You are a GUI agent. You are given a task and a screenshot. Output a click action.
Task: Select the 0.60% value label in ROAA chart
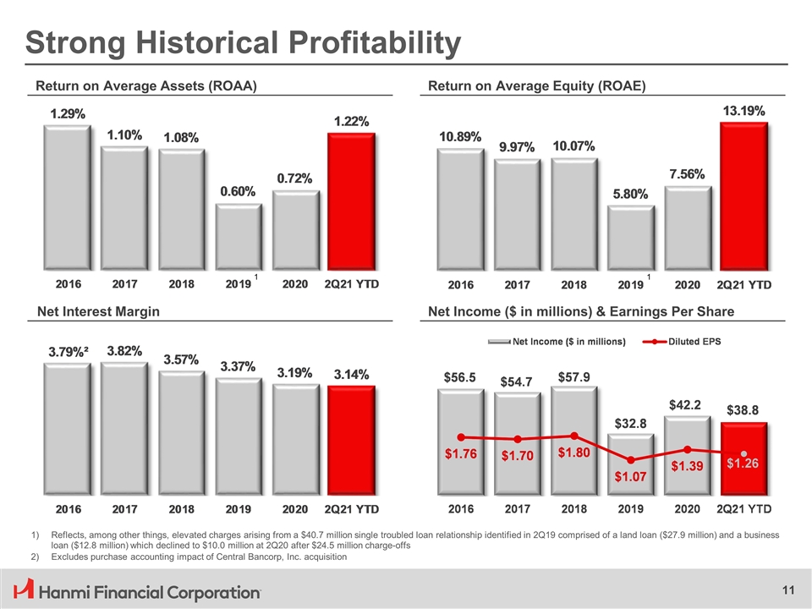coord(238,191)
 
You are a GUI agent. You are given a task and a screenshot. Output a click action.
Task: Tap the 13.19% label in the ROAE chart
coord(743,111)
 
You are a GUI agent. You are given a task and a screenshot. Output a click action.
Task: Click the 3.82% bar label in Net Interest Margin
coord(124,349)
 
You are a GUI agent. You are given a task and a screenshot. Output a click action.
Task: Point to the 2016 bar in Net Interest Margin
coord(68,431)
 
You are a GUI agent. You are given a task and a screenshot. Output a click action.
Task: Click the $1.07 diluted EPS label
coord(630,476)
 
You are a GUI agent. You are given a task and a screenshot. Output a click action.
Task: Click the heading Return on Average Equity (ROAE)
coord(537,85)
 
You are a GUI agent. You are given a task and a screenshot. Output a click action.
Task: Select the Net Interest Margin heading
coord(97,312)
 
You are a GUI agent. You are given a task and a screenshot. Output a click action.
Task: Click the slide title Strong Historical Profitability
coord(244,42)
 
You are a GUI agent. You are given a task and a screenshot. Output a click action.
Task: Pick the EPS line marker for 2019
coord(631,460)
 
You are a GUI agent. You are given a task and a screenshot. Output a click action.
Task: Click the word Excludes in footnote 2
coord(74,559)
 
